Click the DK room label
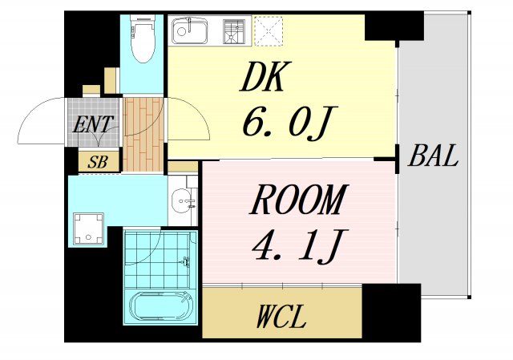tap(261, 77)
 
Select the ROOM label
tap(297, 200)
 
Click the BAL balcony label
tap(433, 156)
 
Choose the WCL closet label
tap(281, 316)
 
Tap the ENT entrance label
tap(93, 124)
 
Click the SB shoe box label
tap(98, 162)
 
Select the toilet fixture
tap(142, 38)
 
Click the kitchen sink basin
tap(190, 30)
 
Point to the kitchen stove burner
tap(234, 31)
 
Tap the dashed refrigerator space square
tap(269, 31)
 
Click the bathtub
tap(160, 305)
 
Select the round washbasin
tap(182, 200)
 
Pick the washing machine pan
tap(88, 229)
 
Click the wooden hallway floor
tap(143, 135)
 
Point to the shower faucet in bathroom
tap(186, 262)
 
